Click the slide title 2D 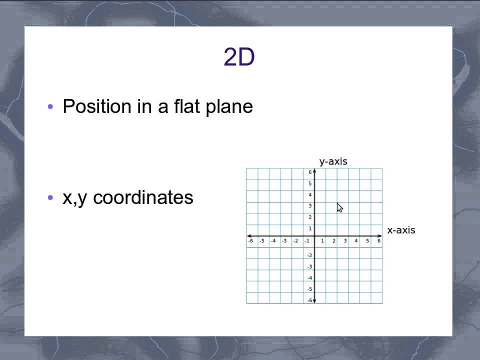tap(239, 57)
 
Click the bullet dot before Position tap(50, 107)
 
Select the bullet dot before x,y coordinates tap(50, 198)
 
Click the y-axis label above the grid tap(333, 161)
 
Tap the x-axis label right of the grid tap(401, 230)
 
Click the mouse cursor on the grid tap(339, 207)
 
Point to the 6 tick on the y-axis tap(310, 172)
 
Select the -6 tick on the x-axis tap(250, 241)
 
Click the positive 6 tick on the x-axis tap(379, 241)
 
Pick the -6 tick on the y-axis tap(309, 300)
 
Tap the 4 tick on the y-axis tap(310, 195)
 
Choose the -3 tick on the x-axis tap(284, 241)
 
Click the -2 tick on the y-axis tap(309, 255)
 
